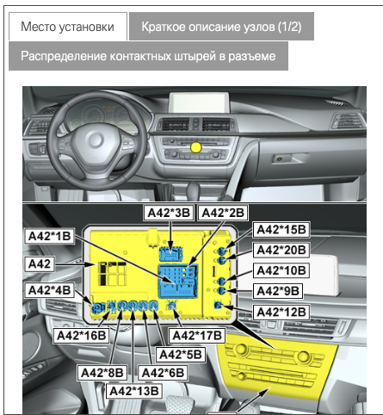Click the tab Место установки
pos(68,27)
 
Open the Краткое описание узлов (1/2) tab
pos(220,27)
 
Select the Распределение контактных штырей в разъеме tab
pos(148,56)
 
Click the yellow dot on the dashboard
pos(195,148)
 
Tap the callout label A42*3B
pos(168,212)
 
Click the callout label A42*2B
pos(223,212)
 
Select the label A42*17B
pos(198,334)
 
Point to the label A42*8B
pos(102,372)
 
